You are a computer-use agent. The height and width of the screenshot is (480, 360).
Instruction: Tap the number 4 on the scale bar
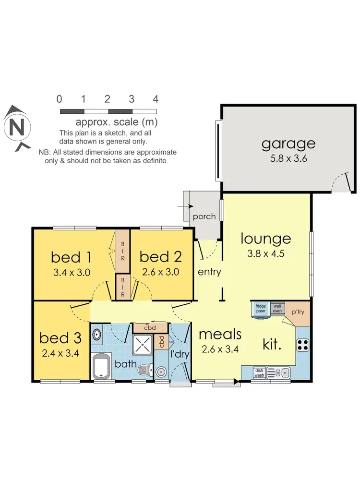coord(155,99)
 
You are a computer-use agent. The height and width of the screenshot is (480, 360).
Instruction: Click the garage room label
coord(288,144)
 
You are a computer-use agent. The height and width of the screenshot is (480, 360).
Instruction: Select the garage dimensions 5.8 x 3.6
coord(288,159)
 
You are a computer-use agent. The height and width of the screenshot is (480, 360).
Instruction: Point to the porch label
coord(204,216)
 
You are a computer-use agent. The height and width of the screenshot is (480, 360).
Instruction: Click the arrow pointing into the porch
coord(183,206)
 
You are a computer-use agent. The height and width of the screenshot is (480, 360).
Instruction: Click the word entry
coord(209,272)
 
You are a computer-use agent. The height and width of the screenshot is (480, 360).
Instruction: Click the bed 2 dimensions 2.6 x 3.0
coord(160,272)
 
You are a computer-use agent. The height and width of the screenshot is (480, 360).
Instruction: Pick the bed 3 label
coord(60,338)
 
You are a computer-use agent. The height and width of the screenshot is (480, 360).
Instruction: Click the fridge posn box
coord(260,309)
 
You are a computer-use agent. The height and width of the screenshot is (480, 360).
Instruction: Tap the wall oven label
coord(276,308)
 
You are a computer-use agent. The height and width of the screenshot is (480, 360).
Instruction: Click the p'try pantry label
coord(299,312)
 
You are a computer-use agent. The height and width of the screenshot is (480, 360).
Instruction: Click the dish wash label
coord(259,372)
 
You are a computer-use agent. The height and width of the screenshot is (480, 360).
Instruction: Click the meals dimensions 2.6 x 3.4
coord(220,350)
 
